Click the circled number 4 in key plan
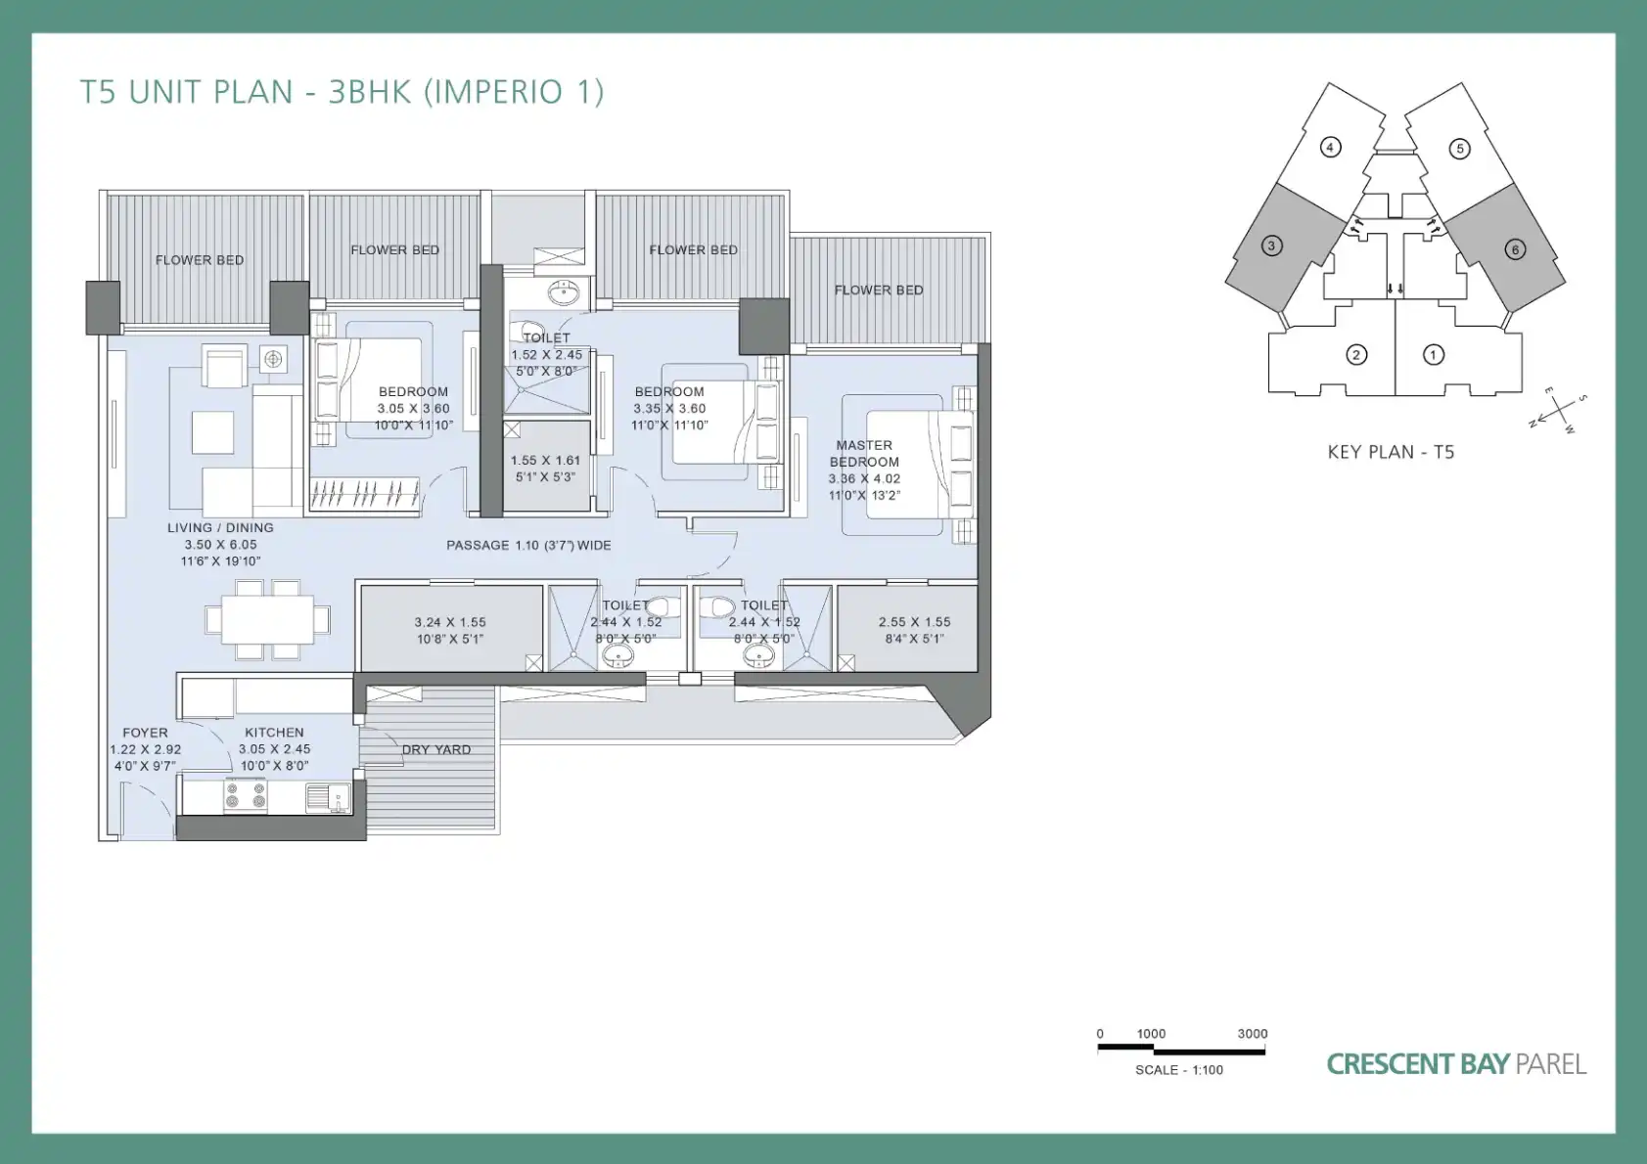point(1329,148)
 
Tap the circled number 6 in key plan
point(1515,249)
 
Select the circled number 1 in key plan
point(1433,356)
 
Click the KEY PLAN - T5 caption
point(1391,452)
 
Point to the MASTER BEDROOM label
point(864,454)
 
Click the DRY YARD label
point(436,749)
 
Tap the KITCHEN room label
point(274,733)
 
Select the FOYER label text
point(145,733)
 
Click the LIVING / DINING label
point(220,527)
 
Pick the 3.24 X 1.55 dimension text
point(450,622)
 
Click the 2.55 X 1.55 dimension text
point(914,622)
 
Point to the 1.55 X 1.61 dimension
point(545,461)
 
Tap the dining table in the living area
point(267,619)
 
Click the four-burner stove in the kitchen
point(246,796)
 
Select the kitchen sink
point(329,798)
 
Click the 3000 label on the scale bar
point(1253,1034)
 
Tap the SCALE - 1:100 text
point(1178,1070)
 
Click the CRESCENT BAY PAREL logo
point(1456,1064)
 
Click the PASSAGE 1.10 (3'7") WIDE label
point(528,545)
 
